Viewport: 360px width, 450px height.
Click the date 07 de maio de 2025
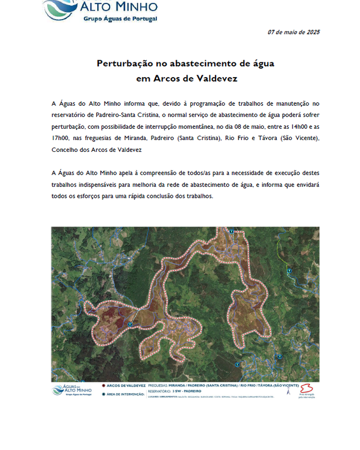click(293, 32)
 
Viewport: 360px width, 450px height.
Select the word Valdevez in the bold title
click(217, 78)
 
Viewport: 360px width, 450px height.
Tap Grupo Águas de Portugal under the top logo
click(120, 19)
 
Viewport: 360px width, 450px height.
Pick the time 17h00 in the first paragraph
click(60, 138)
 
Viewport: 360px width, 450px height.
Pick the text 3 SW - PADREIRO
click(192, 390)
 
